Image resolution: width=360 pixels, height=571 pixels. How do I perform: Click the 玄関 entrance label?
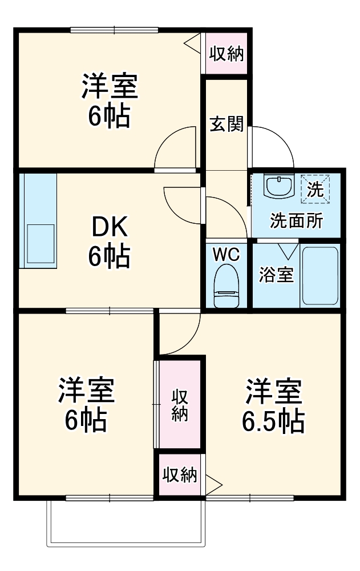(226, 123)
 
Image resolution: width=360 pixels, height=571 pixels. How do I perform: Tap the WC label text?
(226, 254)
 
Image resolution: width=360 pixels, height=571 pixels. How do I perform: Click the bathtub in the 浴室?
(320, 275)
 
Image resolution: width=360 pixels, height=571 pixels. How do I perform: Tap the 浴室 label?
(276, 275)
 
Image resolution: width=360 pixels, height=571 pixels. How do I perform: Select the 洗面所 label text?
(297, 221)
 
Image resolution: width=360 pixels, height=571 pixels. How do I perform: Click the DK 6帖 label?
(108, 242)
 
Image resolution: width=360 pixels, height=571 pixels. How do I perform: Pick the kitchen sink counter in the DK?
(39, 220)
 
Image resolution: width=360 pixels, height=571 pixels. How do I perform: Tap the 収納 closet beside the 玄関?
(226, 54)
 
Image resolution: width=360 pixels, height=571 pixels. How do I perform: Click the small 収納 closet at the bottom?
(180, 475)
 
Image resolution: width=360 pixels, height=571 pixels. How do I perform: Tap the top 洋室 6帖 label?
(108, 100)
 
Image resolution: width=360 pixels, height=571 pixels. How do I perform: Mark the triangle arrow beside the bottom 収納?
(212, 486)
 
